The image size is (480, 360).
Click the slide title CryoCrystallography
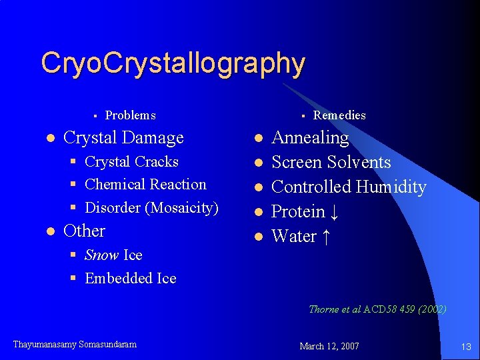(173, 63)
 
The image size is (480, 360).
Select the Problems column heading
(130, 115)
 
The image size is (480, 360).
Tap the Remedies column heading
(339, 115)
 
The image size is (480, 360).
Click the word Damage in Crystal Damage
(153, 138)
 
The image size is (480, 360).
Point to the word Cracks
(156, 162)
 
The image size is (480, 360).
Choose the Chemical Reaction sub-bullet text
(145, 185)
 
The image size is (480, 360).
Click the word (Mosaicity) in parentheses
(181, 208)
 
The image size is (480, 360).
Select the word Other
(84, 231)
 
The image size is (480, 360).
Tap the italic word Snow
(102, 255)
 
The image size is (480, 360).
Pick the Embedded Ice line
(131, 279)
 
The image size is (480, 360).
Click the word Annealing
(310, 138)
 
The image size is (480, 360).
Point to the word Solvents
(360, 163)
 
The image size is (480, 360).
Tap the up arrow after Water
(325, 237)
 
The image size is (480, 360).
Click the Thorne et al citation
(377, 309)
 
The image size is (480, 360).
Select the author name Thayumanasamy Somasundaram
(75, 345)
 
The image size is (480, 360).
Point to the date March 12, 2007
(329, 346)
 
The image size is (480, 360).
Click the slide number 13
(465, 346)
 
